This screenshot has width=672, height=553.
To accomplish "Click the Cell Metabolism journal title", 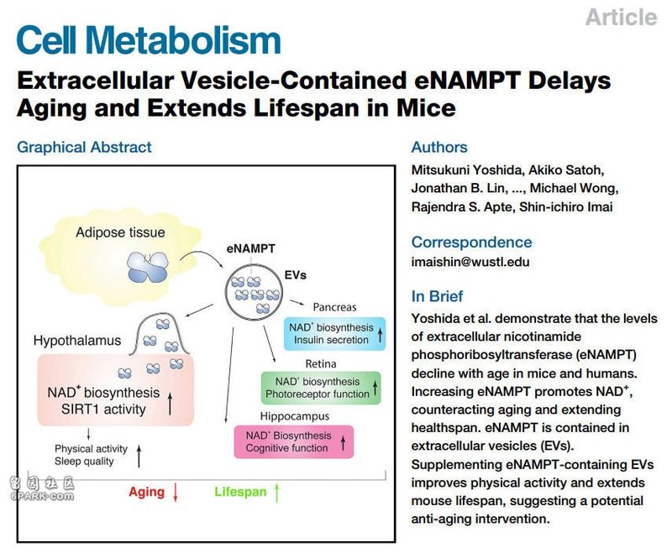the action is (x=149, y=40).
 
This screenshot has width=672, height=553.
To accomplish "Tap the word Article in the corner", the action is (x=621, y=18).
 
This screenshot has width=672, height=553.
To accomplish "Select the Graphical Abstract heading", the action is (x=84, y=147).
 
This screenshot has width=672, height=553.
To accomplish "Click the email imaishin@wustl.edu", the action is (x=470, y=262).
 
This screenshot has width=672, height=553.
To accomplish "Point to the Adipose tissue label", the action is (x=120, y=232).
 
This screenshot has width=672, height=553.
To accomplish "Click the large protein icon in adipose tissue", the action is (x=148, y=267).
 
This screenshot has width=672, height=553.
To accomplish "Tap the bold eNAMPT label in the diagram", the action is (x=250, y=248).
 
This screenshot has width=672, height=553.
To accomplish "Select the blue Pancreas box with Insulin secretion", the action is (x=334, y=333).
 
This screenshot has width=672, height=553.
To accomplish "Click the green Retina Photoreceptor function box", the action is (x=321, y=388).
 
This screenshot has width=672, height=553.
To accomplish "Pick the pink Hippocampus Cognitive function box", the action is (x=293, y=441).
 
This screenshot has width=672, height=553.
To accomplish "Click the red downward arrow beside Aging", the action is (x=176, y=493).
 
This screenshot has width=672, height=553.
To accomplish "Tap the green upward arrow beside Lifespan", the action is (x=277, y=493).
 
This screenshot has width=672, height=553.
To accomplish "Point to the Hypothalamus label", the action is (x=77, y=341).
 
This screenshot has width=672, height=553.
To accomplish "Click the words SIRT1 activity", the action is (x=103, y=410).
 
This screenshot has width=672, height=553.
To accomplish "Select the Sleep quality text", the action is (x=84, y=462).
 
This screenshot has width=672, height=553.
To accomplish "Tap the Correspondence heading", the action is (x=471, y=243).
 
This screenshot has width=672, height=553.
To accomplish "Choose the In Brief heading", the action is (x=437, y=296).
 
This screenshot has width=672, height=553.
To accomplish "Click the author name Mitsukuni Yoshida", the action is (x=466, y=170).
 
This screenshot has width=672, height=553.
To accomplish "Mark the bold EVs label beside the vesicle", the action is (x=296, y=274).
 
